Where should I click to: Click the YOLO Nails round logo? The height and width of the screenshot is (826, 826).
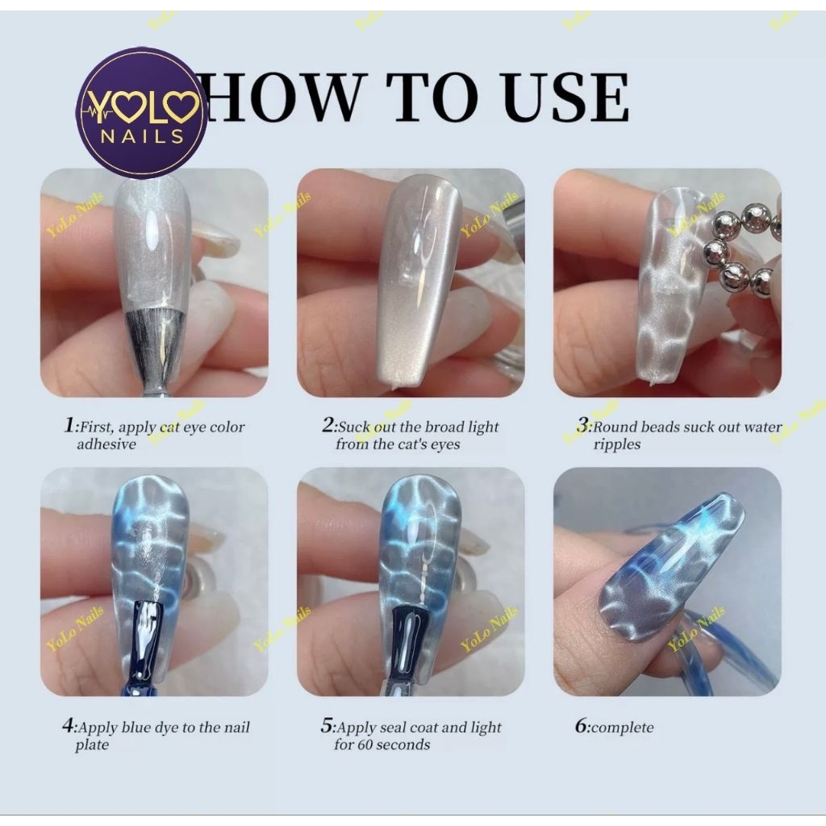point(142,113)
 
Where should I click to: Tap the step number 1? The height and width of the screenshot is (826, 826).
point(69,424)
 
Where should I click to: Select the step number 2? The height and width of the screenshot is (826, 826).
point(327,424)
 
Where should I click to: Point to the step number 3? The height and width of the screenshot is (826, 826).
point(582,424)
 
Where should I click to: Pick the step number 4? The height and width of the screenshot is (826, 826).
point(69,725)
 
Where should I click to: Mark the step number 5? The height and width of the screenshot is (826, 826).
point(327,725)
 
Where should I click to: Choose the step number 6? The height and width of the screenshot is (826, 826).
point(581,725)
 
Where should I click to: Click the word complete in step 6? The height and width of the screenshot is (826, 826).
point(622,728)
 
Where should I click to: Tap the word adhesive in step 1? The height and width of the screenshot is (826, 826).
point(106,444)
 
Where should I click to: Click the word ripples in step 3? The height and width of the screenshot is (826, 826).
point(617,445)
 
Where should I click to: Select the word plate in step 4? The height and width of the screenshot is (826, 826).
point(92,745)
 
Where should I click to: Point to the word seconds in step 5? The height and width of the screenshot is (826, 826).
point(405,745)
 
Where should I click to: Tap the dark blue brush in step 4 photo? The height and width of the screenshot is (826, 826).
point(144,647)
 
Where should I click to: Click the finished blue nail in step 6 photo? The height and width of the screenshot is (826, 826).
point(670,568)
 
